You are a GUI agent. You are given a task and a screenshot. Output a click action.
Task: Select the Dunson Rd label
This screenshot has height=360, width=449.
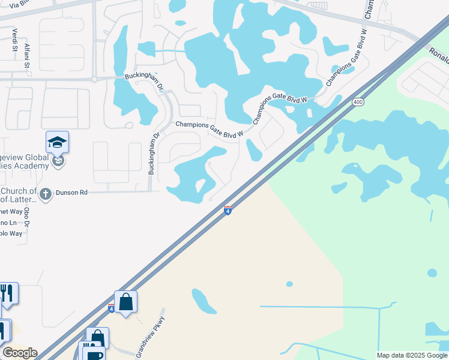(71, 193)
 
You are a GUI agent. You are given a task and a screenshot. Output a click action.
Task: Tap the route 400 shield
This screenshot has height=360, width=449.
(358, 102)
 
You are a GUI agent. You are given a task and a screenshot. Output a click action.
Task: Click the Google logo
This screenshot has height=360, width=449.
(20, 353)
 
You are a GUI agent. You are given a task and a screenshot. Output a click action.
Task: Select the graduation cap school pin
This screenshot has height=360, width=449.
(57, 142)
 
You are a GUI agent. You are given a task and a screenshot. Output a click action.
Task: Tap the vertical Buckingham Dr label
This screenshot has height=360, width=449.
(154, 154)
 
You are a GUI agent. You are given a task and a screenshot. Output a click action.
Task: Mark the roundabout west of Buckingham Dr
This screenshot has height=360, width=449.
(94, 79)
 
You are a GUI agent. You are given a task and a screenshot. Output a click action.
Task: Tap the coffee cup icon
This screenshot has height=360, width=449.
(96, 354)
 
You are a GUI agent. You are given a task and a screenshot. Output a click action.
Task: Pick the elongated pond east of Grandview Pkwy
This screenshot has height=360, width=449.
(204, 301)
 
